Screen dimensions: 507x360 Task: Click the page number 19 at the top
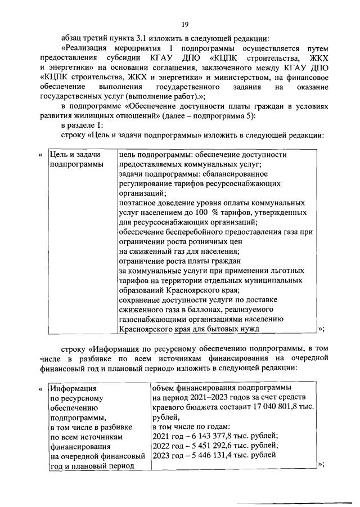coord(184,25)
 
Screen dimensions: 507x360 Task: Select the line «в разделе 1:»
coord(81,128)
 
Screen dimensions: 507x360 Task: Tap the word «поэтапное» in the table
coord(137,203)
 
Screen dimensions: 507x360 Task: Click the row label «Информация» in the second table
coord(73,388)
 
